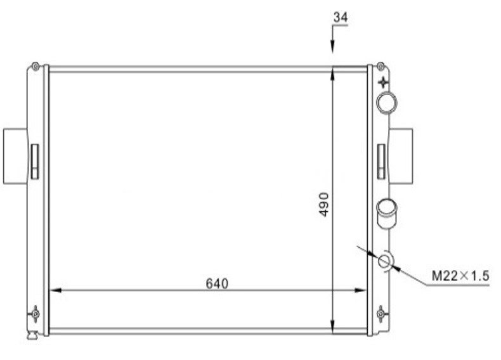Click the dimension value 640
coord(217,283)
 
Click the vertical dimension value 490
coord(323,205)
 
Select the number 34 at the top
coord(341,17)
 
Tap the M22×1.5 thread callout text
coord(460,276)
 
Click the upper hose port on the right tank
coord(387,103)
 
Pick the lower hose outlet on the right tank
coord(387,214)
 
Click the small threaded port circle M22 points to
coord(384,261)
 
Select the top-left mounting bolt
coord(36,67)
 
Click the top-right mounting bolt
coord(381,67)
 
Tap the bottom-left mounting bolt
coord(36,314)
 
